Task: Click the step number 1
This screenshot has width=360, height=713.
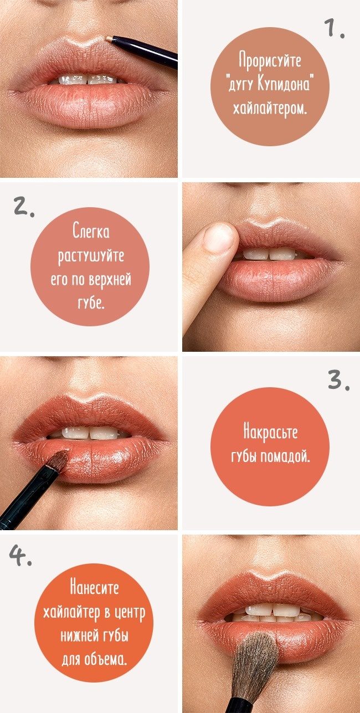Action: coord(334,28)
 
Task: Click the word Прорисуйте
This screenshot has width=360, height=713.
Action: coord(270,60)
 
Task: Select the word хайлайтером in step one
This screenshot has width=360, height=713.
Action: coord(270,109)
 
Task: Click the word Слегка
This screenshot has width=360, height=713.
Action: coord(91,231)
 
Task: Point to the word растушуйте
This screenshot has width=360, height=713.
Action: coord(91,255)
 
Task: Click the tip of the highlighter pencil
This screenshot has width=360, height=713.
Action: coord(107,38)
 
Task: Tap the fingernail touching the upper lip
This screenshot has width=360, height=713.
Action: coord(219,236)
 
